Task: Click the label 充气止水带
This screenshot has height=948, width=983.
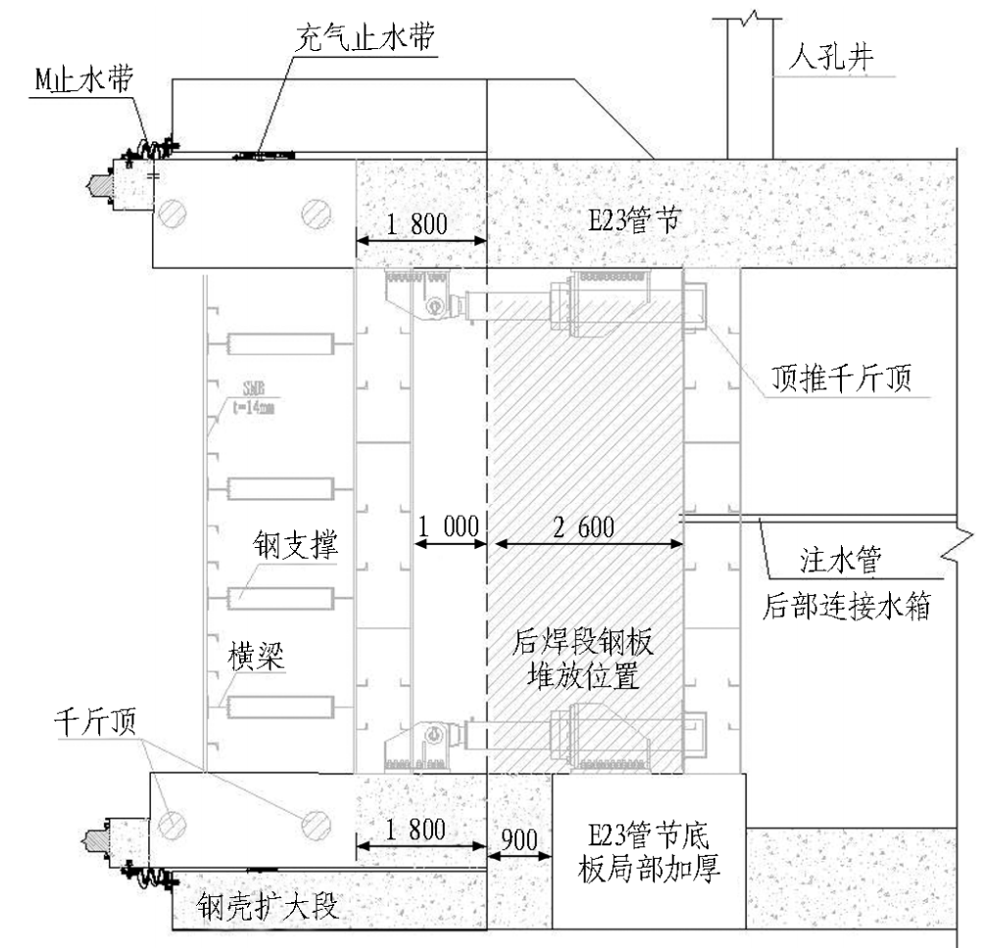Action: (367, 41)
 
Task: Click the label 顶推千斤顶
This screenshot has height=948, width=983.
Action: (840, 376)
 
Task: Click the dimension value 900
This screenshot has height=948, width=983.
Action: (520, 838)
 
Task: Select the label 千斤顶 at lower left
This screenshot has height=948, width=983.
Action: (97, 725)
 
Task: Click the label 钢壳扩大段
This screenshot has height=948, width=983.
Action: (267, 905)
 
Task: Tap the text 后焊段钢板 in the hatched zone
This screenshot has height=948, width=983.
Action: (584, 642)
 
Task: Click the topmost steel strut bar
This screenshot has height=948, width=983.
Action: (279, 344)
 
